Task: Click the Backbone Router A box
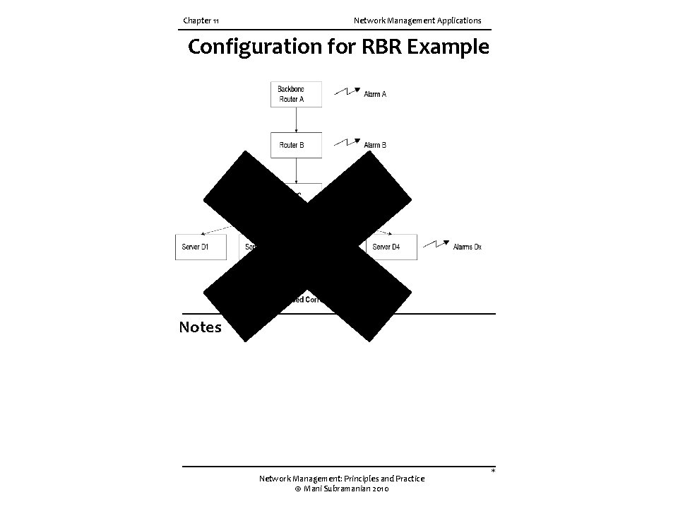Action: [296, 94]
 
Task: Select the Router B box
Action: [296, 145]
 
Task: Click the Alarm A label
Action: [375, 94]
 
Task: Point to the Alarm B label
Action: [375, 145]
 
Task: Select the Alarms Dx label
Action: [467, 247]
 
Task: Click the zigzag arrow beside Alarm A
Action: [347, 91]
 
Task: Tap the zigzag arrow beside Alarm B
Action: [347, 142]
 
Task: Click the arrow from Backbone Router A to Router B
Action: [296, 119]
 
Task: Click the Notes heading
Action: [200, 327]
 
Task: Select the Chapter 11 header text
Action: [201, 21]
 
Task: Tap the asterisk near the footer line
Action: [493, 471]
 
